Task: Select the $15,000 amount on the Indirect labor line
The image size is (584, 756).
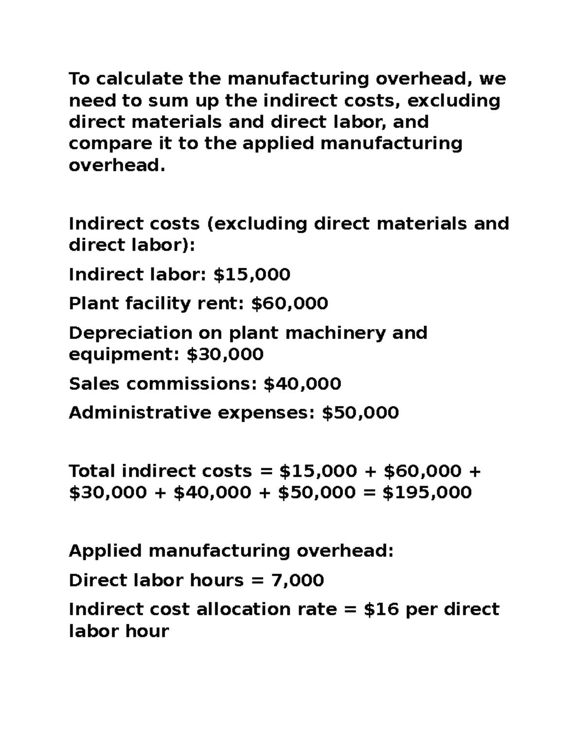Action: point(252,275)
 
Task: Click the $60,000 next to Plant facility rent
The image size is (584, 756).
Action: point(290,304)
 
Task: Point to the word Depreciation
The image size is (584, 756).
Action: point(130,333)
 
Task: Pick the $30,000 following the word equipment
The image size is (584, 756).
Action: point(225,354)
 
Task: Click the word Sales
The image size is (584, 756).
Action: point(94,384)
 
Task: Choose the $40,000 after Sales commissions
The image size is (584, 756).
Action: point(302,384)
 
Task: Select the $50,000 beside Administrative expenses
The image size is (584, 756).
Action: point(360,413)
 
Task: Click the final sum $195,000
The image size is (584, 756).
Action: point(427,493)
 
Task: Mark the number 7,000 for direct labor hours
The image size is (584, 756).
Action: point(298,580)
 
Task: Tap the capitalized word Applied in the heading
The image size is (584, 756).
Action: point(105,552)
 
